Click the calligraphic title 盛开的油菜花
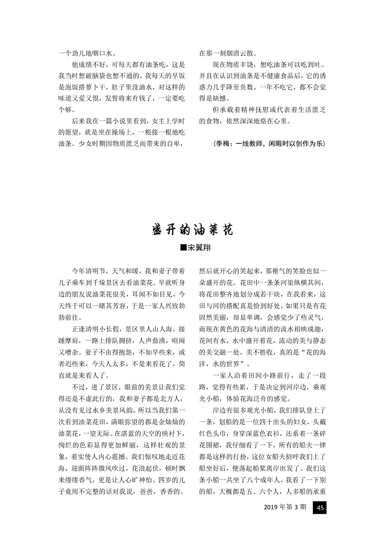pyautogui.click(x=192, y=229)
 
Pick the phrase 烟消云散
pyautogui.click(x=239, y=54)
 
